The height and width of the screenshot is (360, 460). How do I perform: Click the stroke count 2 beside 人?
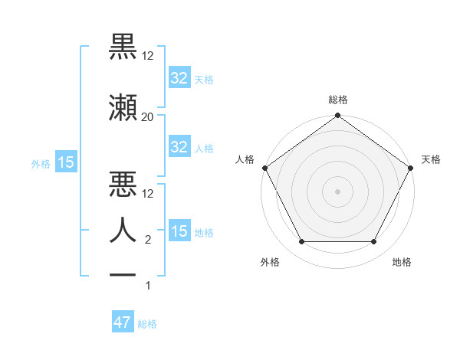pos(147,240)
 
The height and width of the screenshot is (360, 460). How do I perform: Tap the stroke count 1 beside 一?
pos(148,286)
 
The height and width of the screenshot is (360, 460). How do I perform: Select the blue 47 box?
pos(123,322)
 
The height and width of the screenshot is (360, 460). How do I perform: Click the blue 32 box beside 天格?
pos(179,77)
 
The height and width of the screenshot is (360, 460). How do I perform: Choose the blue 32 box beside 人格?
pos(179,147)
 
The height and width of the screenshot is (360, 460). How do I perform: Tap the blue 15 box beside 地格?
pos(179,231)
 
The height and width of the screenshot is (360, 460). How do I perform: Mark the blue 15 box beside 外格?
pos(65,162)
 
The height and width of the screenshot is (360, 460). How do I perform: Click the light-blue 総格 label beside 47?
pos(147,324)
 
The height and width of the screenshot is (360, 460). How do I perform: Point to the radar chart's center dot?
pos(337,191)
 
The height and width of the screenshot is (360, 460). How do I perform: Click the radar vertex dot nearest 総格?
pos(337,116)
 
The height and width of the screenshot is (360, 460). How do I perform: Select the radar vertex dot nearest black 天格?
pos(410,168)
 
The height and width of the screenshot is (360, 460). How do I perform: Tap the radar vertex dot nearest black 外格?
pos(301,242)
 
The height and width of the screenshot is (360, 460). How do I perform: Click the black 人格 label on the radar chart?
pos(245,159)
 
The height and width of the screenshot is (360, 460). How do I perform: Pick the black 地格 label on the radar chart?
pos(402,262)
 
